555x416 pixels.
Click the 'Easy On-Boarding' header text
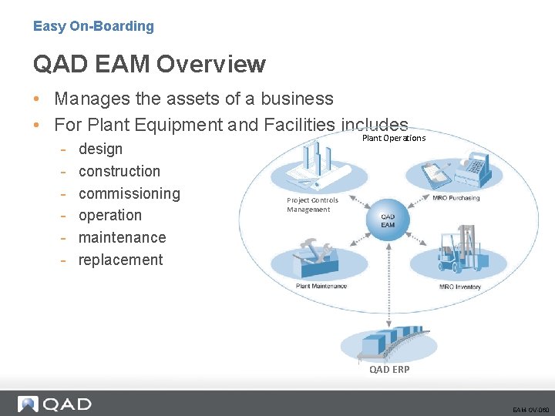coord(93,26)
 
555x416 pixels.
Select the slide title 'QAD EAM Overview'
coord(149,65)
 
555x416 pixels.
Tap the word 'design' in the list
coord(100,149)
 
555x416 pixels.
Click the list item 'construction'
coord(119,171)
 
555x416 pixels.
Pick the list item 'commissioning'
coord(129,193)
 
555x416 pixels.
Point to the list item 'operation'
coord(110,215)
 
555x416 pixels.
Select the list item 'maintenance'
coord(122,237)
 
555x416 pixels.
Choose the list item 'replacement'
coord(120,260)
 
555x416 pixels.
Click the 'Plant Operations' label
coord(393,139)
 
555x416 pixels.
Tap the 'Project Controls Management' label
coord(312,205)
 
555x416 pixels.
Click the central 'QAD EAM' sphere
coord(388,220)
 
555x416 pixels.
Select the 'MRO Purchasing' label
coord(456,198)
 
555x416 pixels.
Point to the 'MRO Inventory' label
coord(459,287)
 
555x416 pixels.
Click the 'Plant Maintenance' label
coord(321,286)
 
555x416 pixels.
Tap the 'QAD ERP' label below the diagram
coord(389,369)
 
